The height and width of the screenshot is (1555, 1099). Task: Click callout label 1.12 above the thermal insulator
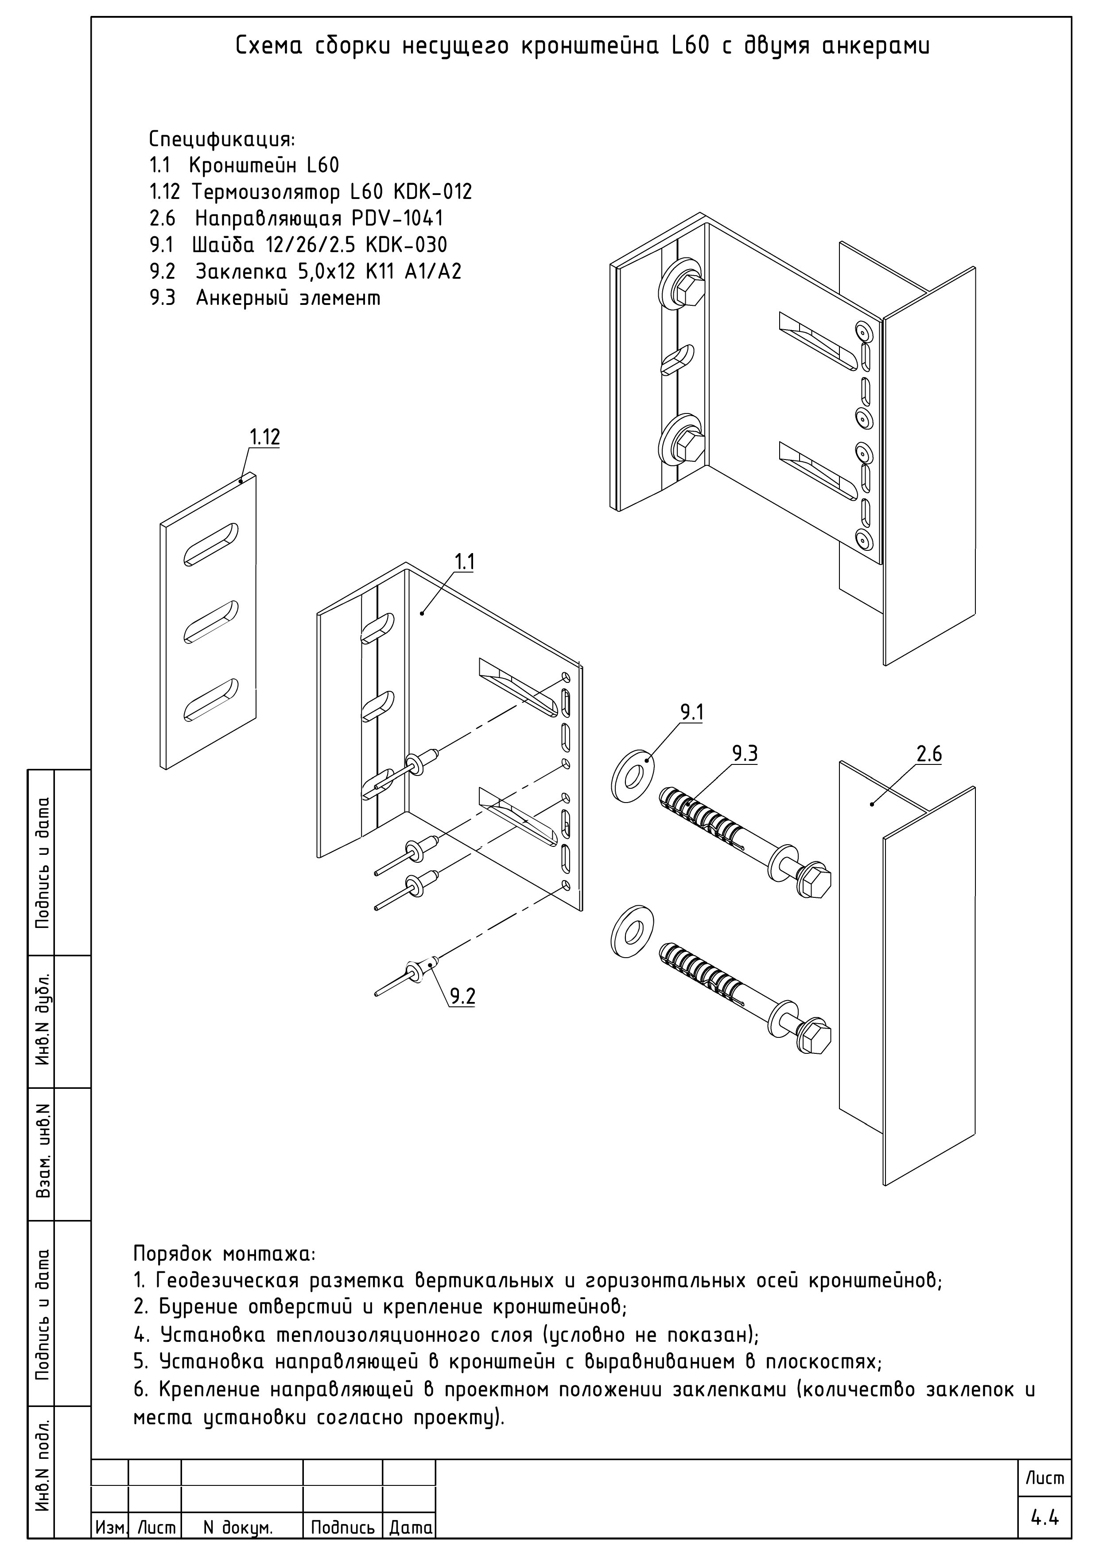(264, 437)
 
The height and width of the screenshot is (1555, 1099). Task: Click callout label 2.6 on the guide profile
(928, 754)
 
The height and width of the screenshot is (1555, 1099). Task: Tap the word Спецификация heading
(221, 140)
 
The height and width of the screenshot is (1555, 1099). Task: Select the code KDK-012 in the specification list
(432, 192)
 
